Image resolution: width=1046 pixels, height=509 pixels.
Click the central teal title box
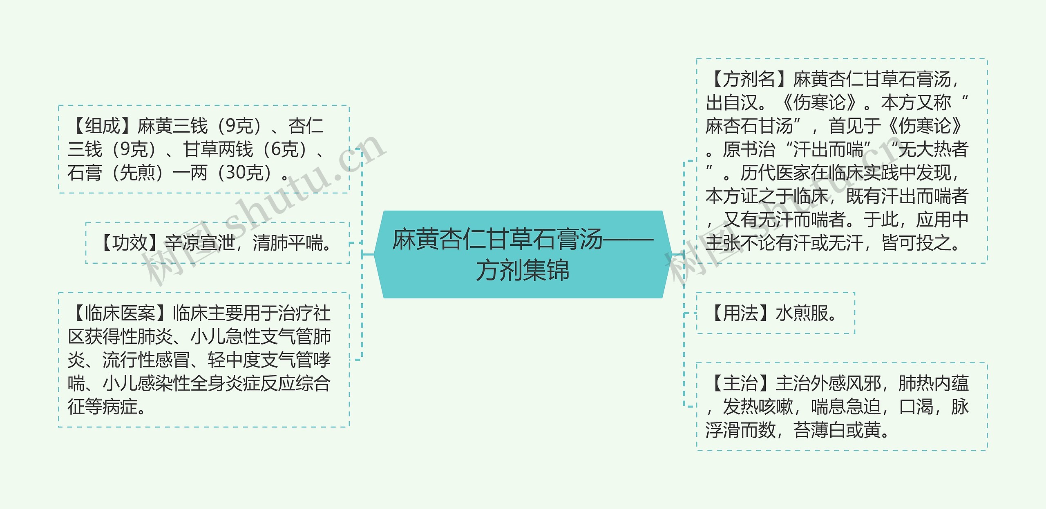[522, 254]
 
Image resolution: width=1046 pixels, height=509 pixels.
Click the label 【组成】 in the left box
[103, 126]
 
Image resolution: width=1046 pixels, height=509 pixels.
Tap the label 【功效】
[130, 243]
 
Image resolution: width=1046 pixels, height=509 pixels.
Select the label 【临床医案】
[120, 313]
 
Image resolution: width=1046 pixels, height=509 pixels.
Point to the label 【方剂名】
[749, 79]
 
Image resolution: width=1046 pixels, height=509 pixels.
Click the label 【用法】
[740, 313]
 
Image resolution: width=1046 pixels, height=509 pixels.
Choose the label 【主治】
[740, 384]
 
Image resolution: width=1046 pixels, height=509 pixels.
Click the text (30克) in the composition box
[245, 173]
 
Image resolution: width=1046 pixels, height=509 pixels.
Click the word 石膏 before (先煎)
[85, 173]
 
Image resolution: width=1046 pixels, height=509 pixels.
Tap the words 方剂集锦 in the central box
[522, 270]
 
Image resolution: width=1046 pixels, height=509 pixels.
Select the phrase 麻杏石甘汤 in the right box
[749, 126]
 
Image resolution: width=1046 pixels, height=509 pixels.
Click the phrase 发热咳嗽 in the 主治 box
[758, 407]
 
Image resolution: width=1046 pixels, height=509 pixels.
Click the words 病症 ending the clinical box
[121, 407]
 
